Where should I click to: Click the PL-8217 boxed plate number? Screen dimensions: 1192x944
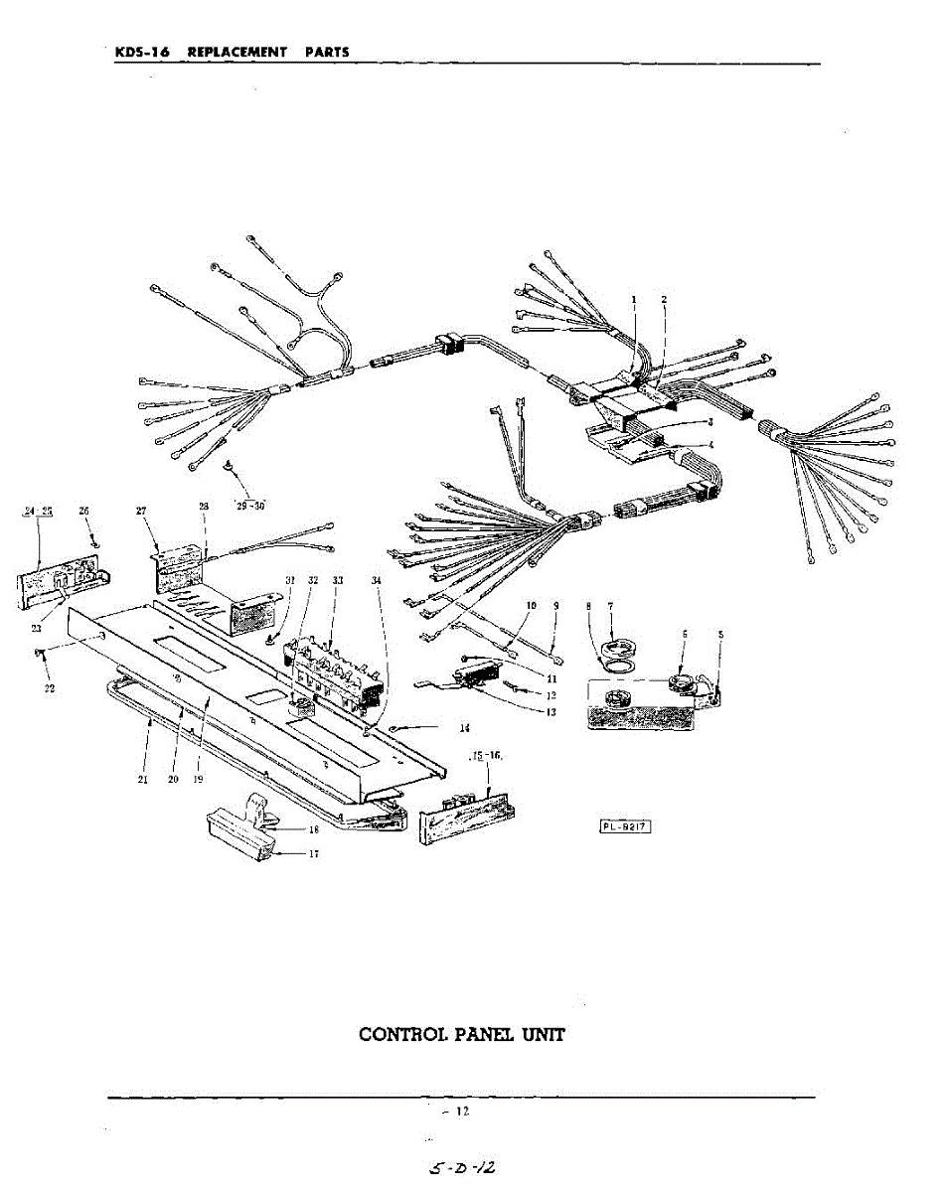(625, 824)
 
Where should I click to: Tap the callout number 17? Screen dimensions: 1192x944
(313, 853)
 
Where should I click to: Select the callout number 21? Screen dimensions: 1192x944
(143, 780)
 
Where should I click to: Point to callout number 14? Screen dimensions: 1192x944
(464, 728)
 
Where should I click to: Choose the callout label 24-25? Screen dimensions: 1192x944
(38, 511)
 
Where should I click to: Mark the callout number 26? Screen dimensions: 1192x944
(84, 511)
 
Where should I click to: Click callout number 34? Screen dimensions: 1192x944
(376, 579)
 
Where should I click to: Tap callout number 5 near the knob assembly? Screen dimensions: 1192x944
(720, 634)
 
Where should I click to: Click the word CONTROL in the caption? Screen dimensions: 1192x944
(401, 1034)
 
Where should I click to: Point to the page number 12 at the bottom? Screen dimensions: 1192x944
(461, 1111)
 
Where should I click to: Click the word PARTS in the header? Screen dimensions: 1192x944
(327, 52)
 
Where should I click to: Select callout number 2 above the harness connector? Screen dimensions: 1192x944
(664, 299)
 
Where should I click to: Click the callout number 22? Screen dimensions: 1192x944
(50, 688)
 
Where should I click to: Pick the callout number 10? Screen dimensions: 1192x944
(531, 605)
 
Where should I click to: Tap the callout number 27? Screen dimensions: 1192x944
(142, 511)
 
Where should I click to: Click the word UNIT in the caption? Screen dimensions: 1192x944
(545, 1034)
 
